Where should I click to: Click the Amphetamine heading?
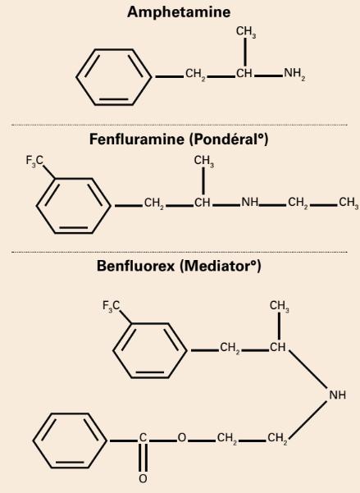pos(179,12)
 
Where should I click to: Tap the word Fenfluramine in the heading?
pos(137,139)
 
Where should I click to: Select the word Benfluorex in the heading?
pos(135,266)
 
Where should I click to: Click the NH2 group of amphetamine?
pos(294,74)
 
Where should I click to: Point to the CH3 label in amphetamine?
pos(246,32)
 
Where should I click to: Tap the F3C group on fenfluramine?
pos(34,161)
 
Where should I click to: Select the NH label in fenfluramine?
pos(250,202)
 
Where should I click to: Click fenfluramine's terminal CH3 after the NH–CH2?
pos(349,203)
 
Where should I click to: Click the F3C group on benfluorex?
pos(111,306)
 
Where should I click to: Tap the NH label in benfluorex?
pos(337,395)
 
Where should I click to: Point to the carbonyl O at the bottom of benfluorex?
pos(143,479)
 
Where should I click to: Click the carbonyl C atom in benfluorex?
pos(143,437)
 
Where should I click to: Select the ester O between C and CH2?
pos(182,437)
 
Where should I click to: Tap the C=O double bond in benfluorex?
pos(143,458)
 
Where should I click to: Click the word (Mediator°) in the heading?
pos(221,266)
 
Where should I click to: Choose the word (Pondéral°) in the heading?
pos(230,139)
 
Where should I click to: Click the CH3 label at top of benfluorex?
pos(279,306)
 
